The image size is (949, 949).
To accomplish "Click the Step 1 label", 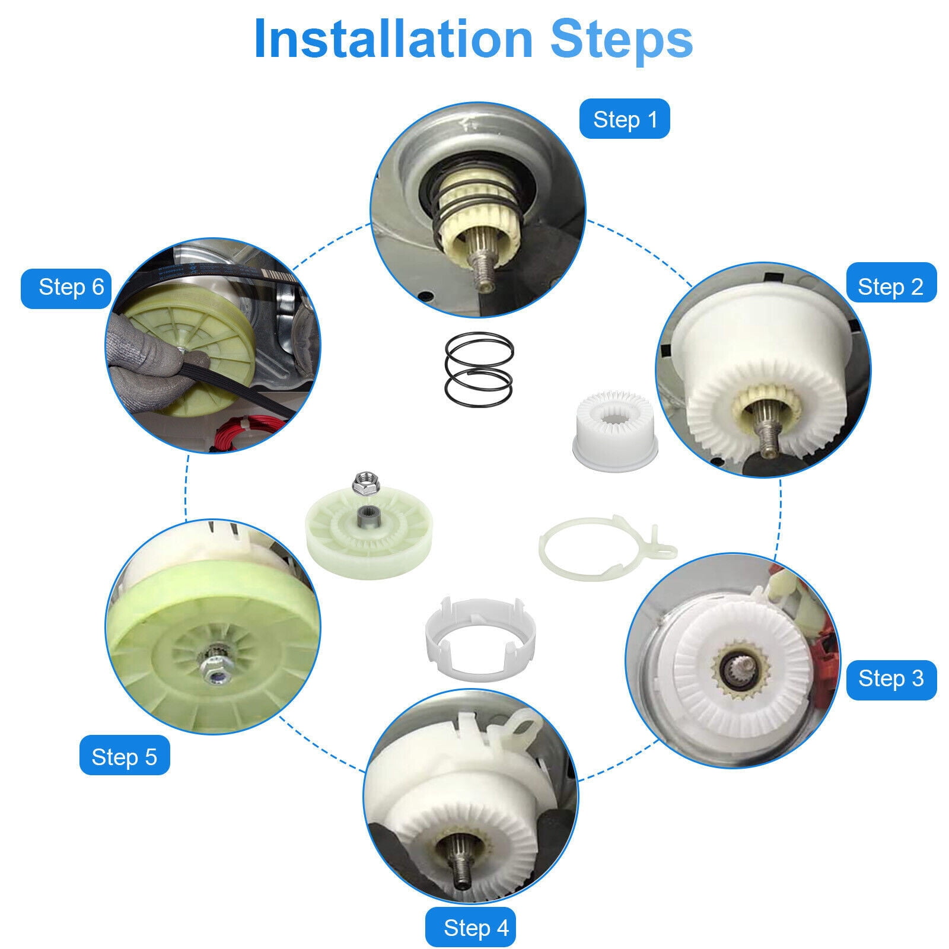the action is click(x=625, y=119).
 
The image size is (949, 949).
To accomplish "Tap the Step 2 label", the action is click(x=890, y=286).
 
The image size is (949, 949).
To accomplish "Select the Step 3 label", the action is click(x=890, y=678).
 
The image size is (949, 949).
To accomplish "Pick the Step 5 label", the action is click(x=125, y=756).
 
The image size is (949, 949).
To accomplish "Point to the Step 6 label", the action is click(x=66, y=288).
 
